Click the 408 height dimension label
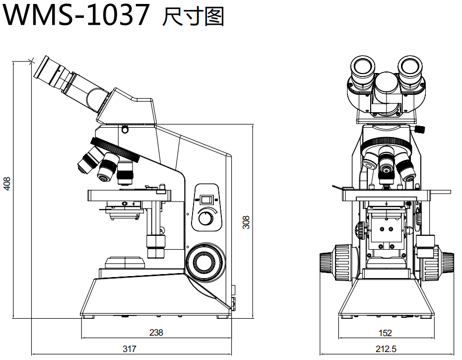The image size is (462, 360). (x=7, y=184)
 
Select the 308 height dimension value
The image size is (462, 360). (x=246, y=221)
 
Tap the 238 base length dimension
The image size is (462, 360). (x=156, y=333)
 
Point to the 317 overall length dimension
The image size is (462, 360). (x=130, y=349)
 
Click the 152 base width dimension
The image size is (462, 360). (x=385, y=333)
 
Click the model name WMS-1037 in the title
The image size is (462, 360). (x=77, y=16)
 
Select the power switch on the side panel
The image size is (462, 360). (x=206, y=200)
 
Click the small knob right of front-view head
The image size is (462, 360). (x=420, y=130)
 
